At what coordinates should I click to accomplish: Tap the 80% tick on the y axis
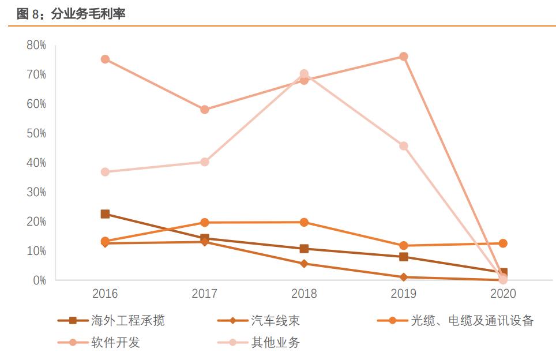tap(36, 45)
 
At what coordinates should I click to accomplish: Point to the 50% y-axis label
tap(36, 133)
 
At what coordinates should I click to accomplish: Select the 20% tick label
tap(36, 222)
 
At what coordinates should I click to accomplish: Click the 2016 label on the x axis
tap(105, 294)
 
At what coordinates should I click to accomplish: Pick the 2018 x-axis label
tap(304, 294)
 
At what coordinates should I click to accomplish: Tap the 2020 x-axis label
tap(503, 294)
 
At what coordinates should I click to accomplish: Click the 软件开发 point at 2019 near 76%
tap(404, 57)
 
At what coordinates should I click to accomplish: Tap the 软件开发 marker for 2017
tap(204, 110)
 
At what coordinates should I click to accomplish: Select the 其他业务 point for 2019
tap(404, 146)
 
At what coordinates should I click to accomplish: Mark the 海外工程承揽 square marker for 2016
tap(105, 214)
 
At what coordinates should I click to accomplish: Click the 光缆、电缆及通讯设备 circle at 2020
tap(503, 243)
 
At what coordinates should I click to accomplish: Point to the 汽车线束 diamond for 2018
tap(304, 264)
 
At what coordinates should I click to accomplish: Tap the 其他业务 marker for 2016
tap(105, 172)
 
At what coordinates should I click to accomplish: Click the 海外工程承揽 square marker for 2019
tap(404, 257)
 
